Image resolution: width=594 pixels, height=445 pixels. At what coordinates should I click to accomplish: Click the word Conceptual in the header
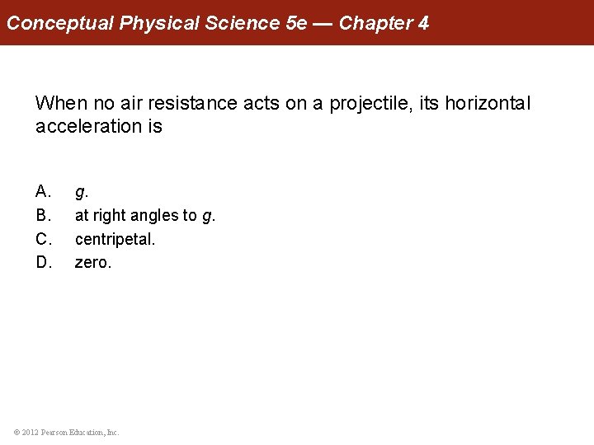60,23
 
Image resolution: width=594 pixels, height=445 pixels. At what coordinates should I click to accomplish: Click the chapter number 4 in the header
423,23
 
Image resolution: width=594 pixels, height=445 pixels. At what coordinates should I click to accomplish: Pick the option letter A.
44,192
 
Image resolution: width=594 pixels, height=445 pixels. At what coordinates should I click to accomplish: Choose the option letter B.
44,216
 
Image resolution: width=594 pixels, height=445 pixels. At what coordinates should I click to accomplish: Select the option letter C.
44,240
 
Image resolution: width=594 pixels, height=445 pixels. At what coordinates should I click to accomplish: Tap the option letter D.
44,263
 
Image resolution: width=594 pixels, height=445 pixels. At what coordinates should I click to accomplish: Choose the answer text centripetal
115,240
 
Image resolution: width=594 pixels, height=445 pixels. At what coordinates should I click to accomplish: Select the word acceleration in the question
87,127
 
